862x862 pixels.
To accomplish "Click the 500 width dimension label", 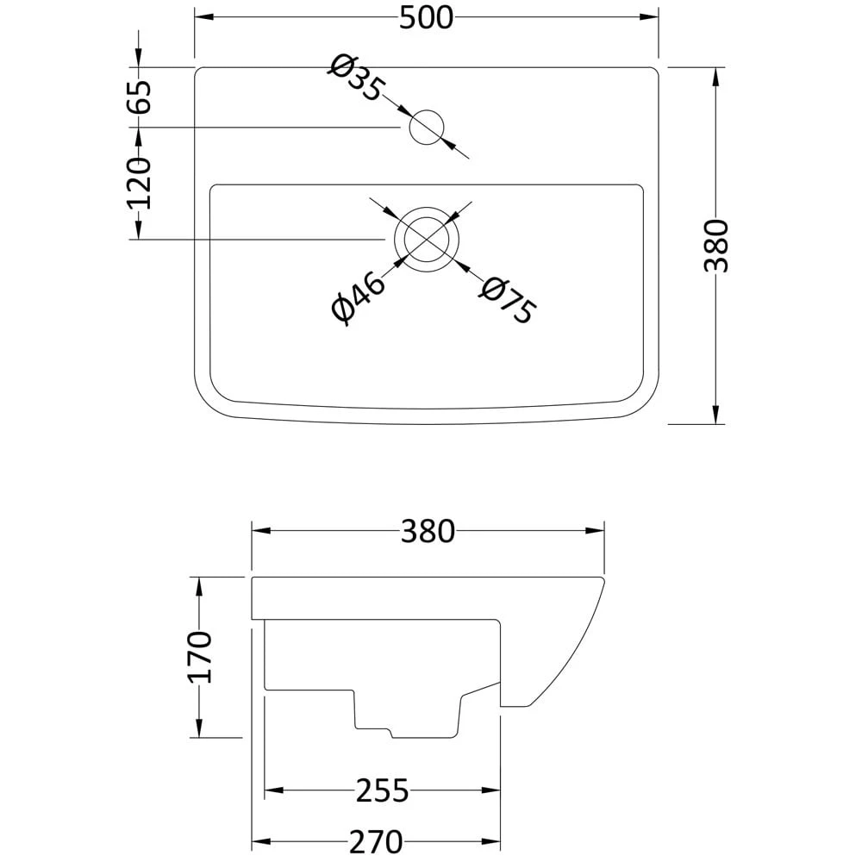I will pos(426,17).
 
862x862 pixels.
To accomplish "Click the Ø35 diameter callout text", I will pos(354,78).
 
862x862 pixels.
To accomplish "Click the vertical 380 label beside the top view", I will pos(716,246).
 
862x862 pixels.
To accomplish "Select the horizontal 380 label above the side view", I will pos(427,532).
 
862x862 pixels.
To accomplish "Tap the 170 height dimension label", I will pos(200,657).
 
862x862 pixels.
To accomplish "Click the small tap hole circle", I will pos(426,128).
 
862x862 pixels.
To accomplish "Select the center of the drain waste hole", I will pos(423,239).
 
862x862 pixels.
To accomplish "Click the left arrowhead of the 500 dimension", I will pos(201,16).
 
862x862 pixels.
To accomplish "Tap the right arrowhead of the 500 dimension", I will pos(652,16).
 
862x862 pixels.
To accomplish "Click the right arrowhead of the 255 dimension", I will pos(494,790).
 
